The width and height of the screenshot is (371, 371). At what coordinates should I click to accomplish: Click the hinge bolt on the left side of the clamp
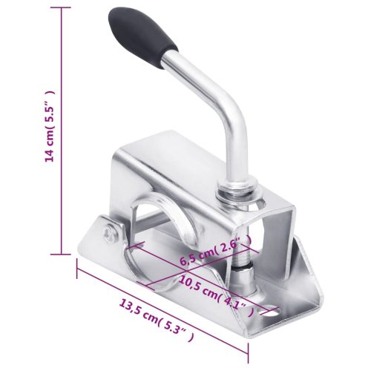pyautogui.click(x=111, y=232)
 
